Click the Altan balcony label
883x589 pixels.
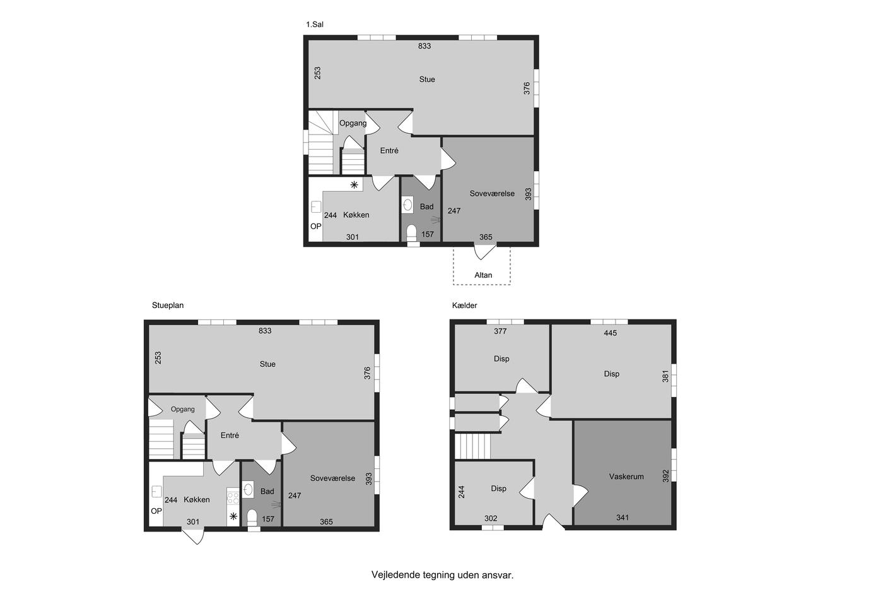coord(483,275)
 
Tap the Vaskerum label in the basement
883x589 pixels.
coord(626,476)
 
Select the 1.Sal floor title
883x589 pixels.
coord(315,25)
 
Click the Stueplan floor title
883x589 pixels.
coord(168,306)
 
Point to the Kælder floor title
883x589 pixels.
coord(465,306)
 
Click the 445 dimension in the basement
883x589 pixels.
coord(611,333)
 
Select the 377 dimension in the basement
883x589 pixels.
coord(500,331)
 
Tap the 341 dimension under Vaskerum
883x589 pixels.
coord(623,517)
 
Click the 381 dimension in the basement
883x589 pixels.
coord(665,376)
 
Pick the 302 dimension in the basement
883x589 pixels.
coord(491,518)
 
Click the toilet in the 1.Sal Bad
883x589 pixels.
coord(411,232)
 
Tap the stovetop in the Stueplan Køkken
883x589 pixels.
coord(233,496)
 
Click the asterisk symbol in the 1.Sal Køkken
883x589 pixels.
coord(354,184)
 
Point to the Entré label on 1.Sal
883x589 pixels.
coord(389,151)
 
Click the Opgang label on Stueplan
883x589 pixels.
coord(182,409)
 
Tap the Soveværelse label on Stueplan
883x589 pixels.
coord(333,478)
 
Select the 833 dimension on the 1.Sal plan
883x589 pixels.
coord(424,46)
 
